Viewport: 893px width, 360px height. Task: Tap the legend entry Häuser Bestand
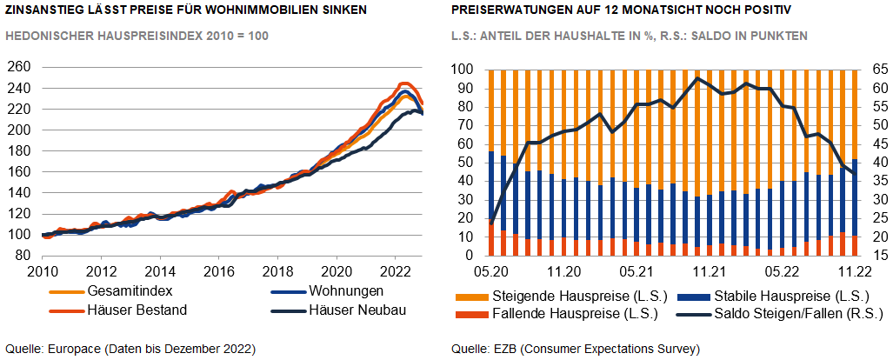click(137, 310)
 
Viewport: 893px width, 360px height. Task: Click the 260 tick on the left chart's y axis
click(19, 67)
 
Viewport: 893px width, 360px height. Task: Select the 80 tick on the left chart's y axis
click(23, 256)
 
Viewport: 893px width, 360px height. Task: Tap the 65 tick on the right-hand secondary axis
click(874, 69)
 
